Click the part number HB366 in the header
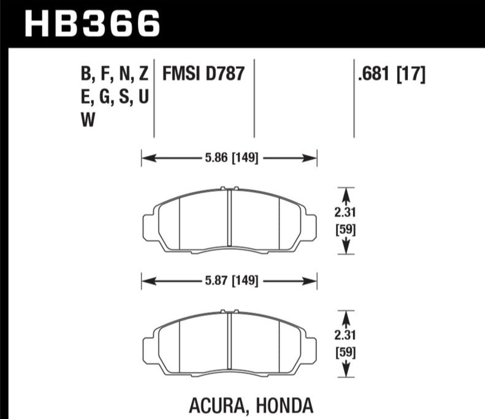click(x=92, y=24)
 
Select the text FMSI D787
click(x=204, y=74)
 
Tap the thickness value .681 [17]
click(x=392, y=74)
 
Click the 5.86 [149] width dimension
click(x=231, y=158)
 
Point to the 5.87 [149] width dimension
click(x=231, y=281)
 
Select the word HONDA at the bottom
click(x=285, y=406)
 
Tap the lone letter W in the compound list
click(x=88, y=120)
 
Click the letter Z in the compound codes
click(x=143, y=74)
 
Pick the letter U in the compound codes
click(x=143, y=96)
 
